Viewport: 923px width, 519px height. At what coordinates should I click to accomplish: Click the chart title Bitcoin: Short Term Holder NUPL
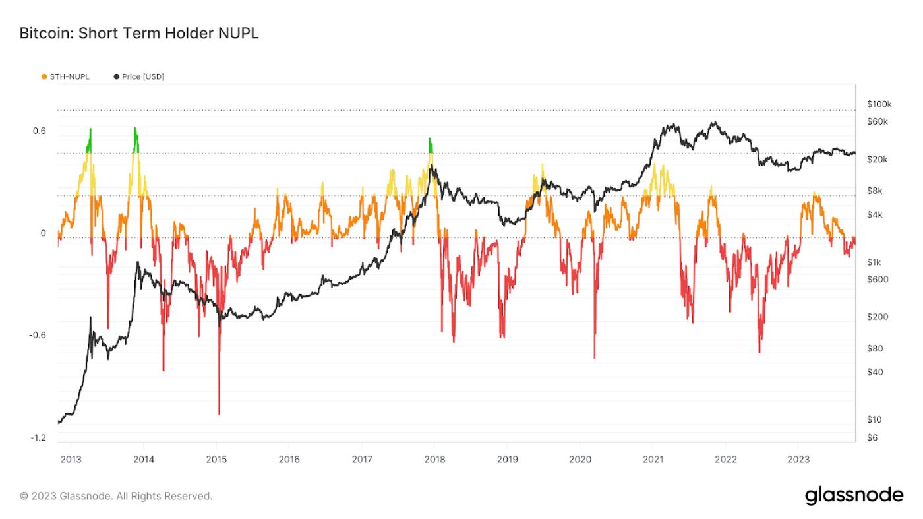point(139,34)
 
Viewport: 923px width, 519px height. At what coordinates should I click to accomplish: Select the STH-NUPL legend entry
point(65,76)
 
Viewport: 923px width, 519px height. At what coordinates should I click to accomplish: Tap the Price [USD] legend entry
point(139,76)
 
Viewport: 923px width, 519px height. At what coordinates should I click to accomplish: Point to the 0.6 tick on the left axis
point(40,131)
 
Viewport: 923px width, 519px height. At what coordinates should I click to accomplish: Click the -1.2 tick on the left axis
point(39,438)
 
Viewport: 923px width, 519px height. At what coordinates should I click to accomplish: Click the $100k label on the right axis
point(879,104)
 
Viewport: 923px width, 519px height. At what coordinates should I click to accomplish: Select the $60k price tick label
point(878,121)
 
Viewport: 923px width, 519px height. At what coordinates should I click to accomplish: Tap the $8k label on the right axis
point(875,191)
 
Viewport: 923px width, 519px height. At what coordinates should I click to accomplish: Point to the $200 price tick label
point(877,317)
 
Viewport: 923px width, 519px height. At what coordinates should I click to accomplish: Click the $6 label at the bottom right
point(872,437)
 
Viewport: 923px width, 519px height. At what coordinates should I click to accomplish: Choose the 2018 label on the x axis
point(434,459)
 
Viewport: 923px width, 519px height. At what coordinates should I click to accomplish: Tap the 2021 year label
point(653,459)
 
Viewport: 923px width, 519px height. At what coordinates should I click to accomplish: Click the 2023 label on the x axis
point(798,459)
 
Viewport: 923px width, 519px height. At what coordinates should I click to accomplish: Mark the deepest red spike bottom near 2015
point(219,413)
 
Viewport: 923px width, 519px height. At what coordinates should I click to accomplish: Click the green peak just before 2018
point(430,139)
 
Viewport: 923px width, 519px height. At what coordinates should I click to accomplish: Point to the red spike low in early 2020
point(594,357)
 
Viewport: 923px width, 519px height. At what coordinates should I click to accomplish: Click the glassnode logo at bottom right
point(854,496)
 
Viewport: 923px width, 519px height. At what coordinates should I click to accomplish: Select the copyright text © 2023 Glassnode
point(116,496)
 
